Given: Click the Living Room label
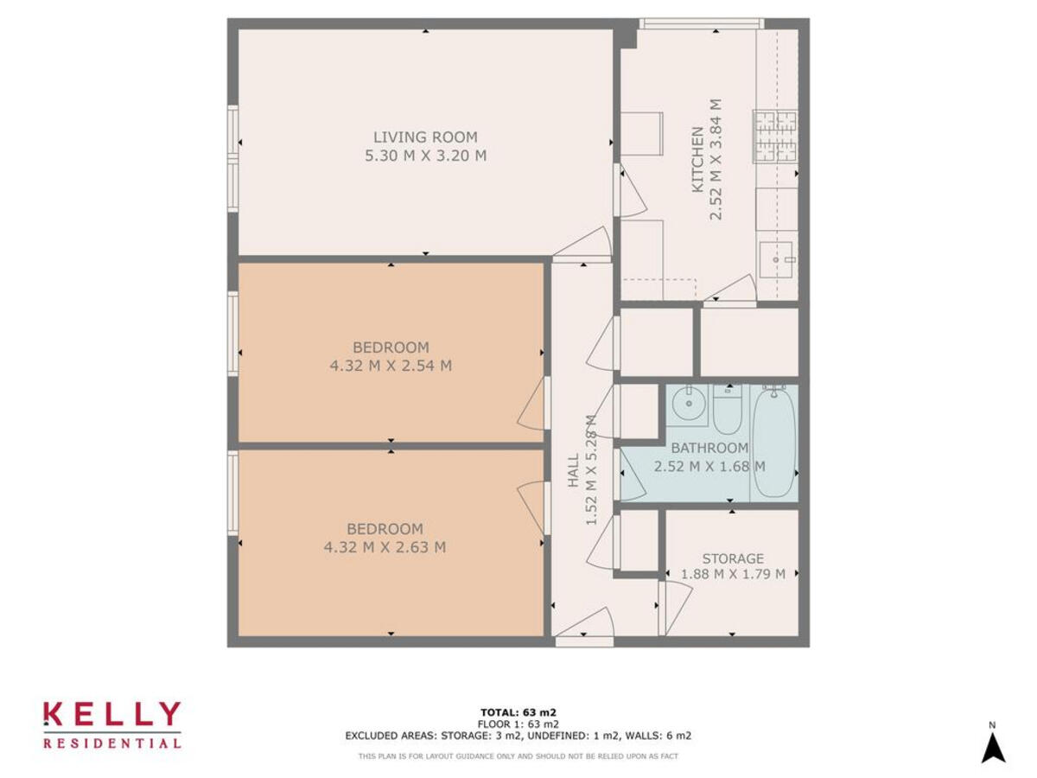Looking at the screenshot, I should tap(425, 137).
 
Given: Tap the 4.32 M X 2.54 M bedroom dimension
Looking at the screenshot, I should tap(391, 366).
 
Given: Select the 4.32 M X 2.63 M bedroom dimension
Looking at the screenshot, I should tap(385, 547).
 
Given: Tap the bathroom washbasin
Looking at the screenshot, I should tap(689, 403).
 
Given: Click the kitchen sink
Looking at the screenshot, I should tap(777, 258).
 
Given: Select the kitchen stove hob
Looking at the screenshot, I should tap(775, 137).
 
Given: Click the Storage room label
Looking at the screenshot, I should tap(732, 558).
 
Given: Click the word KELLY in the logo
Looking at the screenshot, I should tap(112, 715).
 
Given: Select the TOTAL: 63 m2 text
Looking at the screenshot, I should tap(518, 712).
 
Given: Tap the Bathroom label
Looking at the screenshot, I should tap(709, 448).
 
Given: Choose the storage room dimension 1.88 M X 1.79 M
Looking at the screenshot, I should tap(733, 574).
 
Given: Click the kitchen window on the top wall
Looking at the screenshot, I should tap(701, 23).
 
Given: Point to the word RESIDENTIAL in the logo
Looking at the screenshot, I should tap(112, 743).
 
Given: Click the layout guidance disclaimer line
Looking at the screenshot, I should tap(518, 756).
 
